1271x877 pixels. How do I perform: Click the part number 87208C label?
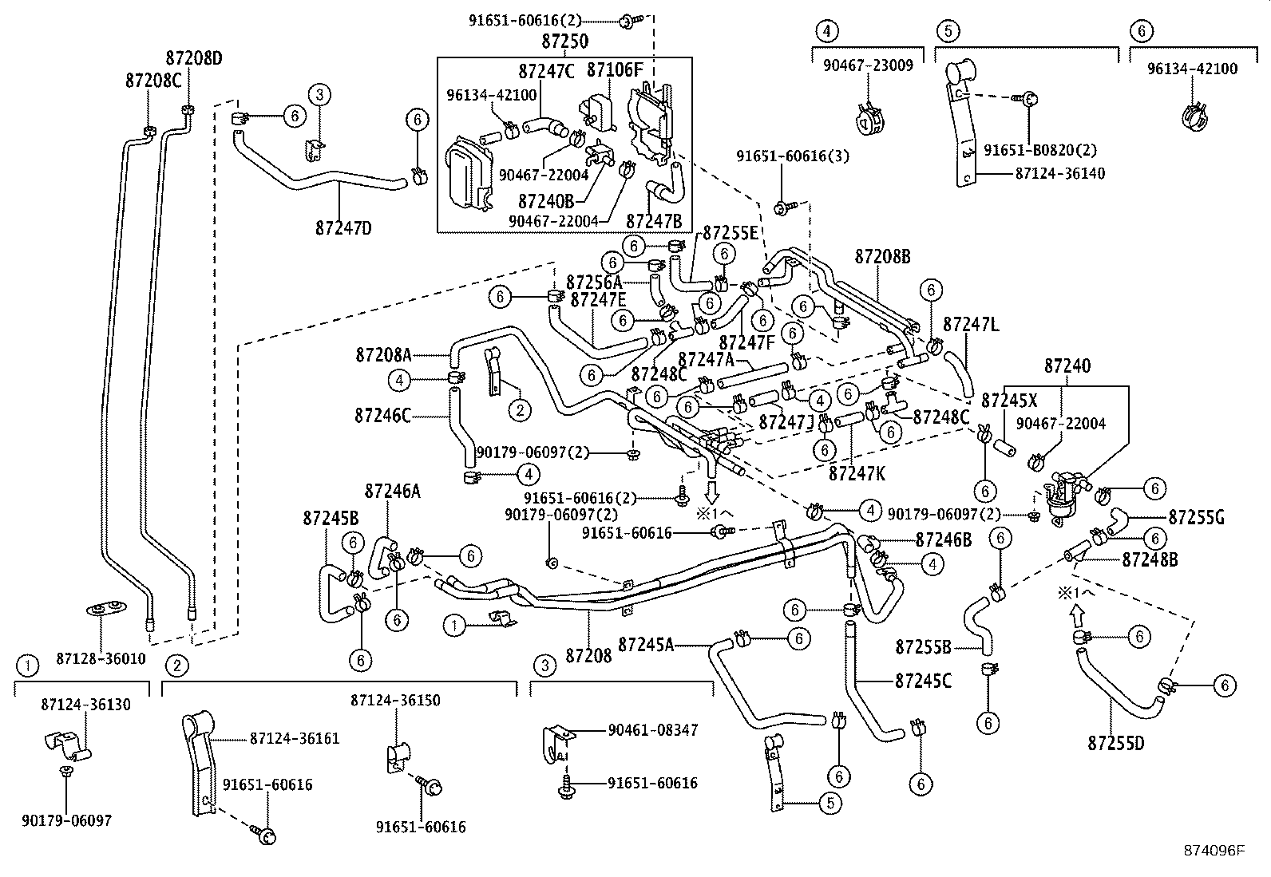[153, 81]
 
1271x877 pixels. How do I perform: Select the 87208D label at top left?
[194, 58]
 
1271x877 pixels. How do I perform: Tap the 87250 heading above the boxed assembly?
[564, 41]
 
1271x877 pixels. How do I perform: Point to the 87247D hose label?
[343, 227]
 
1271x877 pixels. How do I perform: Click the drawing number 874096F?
[1214, 851]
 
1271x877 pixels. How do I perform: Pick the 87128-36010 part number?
[101, 658]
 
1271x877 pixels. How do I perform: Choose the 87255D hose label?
[1115, 744]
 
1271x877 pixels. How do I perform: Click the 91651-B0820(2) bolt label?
[1040, 150]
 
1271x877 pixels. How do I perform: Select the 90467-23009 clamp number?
[868, 65]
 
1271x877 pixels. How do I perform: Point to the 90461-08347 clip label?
[652, 729]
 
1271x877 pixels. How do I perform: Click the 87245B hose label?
[331, 519]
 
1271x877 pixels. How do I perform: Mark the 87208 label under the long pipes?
[588, 656]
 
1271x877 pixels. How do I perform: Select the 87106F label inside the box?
[615, 69]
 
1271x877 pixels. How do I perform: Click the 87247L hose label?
[971, 325]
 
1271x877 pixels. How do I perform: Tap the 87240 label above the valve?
[1067, 366]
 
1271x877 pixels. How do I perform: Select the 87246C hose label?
[383, 415]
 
